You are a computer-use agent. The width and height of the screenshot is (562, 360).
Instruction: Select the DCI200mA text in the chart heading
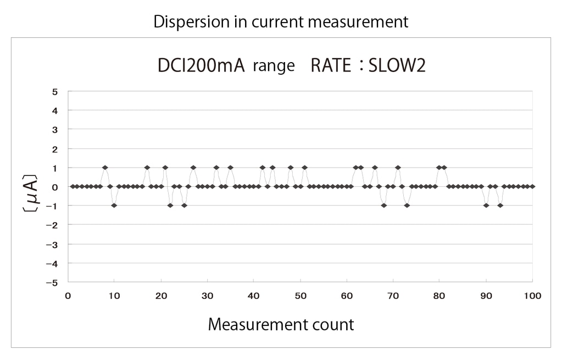(x=200, y=66)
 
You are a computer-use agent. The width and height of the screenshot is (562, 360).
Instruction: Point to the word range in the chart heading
(x=274, y=67)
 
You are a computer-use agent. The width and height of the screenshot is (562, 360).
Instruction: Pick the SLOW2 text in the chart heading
(x=397, y=66)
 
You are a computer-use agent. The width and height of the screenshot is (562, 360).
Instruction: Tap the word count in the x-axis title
(x=335, y=324)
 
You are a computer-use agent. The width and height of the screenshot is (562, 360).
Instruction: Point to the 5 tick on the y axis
(x=55, y=91)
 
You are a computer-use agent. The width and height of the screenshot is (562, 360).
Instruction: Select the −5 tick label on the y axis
(x=53, y=283)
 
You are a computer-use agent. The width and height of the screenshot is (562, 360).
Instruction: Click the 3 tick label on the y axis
(x=55, y=130)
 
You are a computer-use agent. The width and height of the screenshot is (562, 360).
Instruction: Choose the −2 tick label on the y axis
(x=53, y=225)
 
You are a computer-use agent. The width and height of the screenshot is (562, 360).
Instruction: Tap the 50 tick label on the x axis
(x=300, y=296)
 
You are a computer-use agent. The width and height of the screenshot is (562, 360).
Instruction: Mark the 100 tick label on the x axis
(x=533, y=296)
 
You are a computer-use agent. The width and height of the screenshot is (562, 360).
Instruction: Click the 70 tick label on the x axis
(x=393, y=296)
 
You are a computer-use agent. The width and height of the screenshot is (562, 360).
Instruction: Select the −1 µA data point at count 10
(x=114, y=206)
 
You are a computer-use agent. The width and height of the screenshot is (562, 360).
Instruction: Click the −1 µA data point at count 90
(x=486, y=206)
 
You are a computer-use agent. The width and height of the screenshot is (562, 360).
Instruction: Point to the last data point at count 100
(x=532, y=187)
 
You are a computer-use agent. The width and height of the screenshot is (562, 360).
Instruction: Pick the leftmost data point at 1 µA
(x=105, y=168)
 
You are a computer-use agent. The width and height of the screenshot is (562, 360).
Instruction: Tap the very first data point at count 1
(x=73, y=187)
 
